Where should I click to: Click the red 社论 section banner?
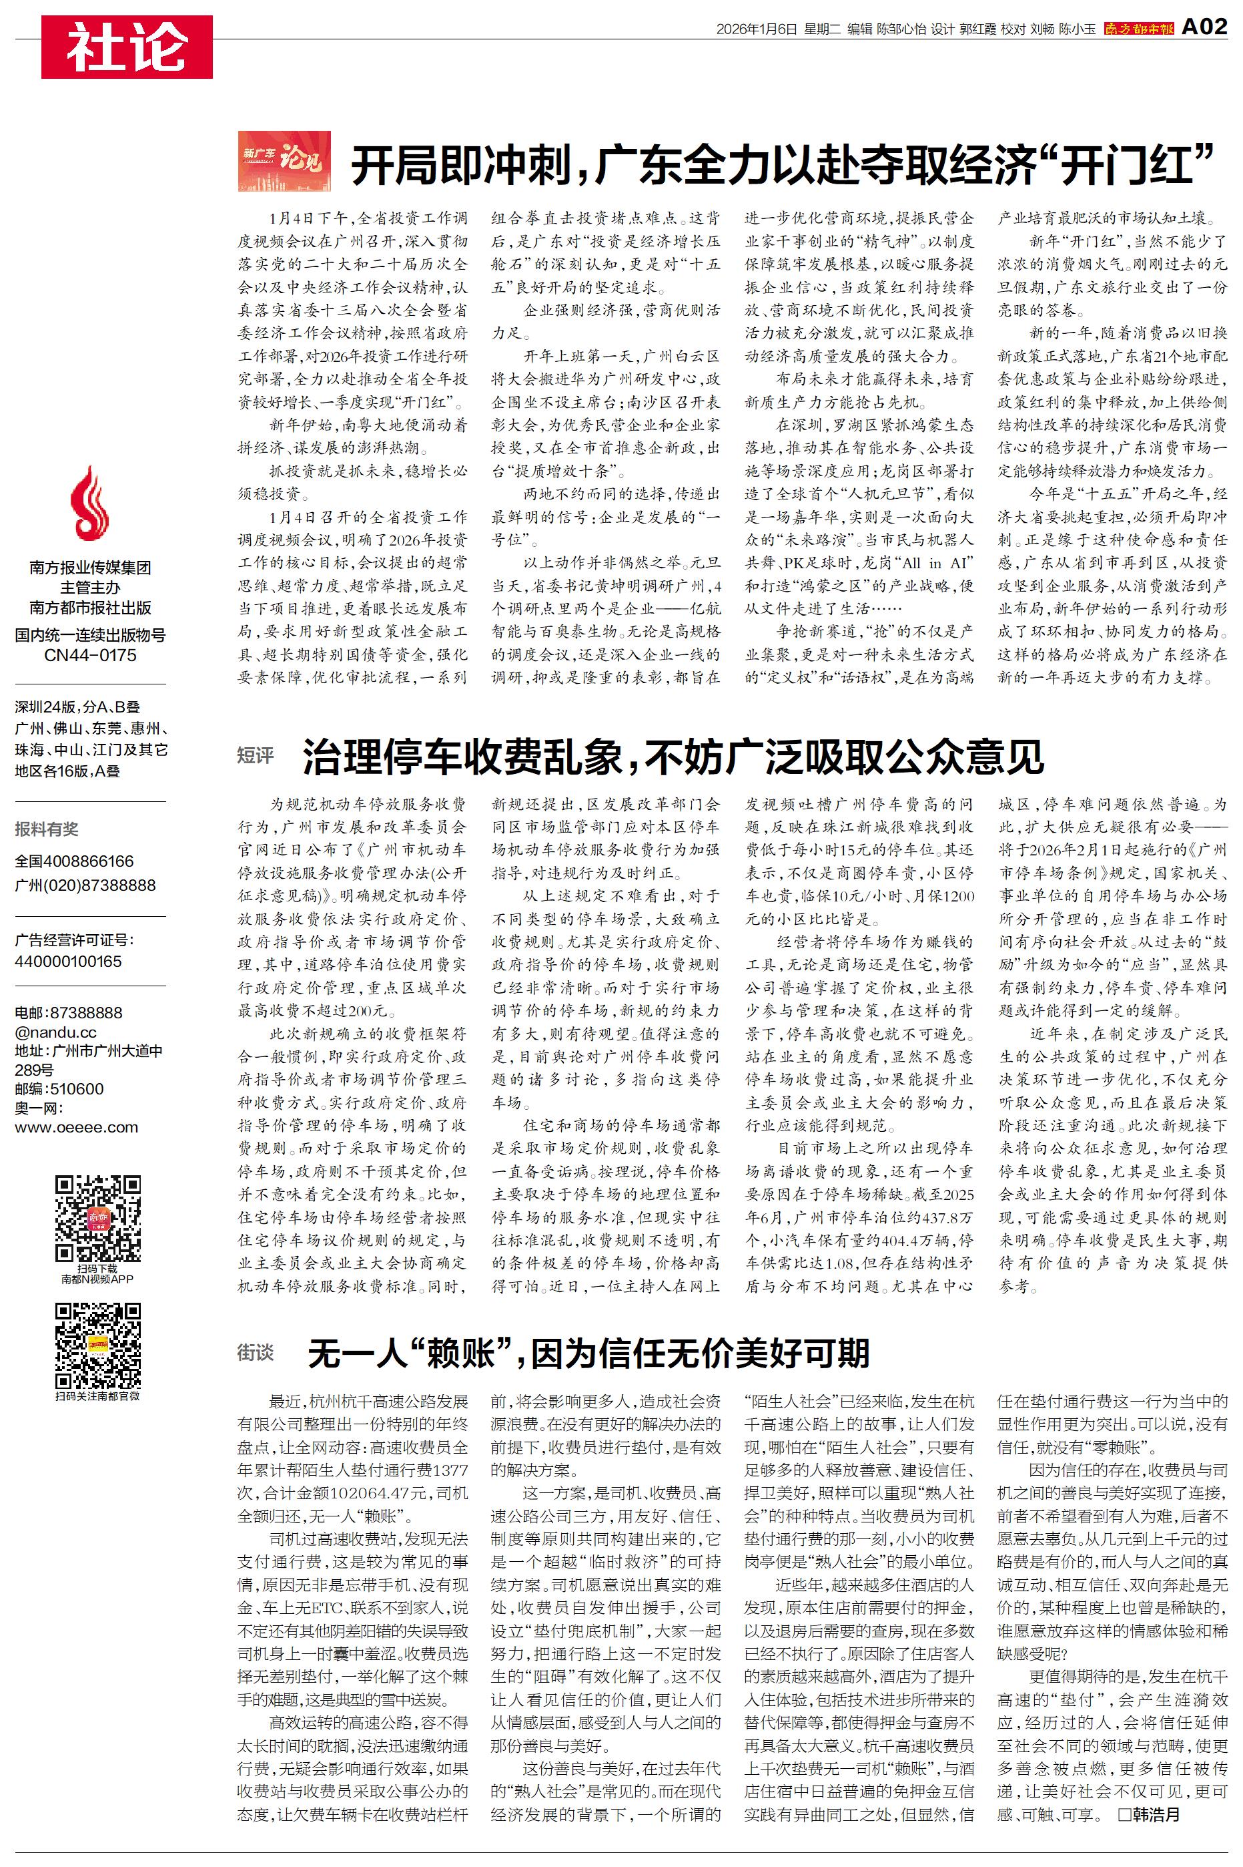[127, 47]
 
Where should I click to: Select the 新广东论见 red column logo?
[284, 162]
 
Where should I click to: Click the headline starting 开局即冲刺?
[783, 165]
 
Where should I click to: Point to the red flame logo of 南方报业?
[89, 503]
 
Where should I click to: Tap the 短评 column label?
[256, 755]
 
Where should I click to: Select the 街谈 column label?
[256, 1352]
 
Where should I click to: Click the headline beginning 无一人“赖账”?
[588, 1353]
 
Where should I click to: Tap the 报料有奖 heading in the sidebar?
[47, 829]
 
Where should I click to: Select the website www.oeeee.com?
[76, 1127]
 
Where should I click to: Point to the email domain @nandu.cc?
[55, 1032]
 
